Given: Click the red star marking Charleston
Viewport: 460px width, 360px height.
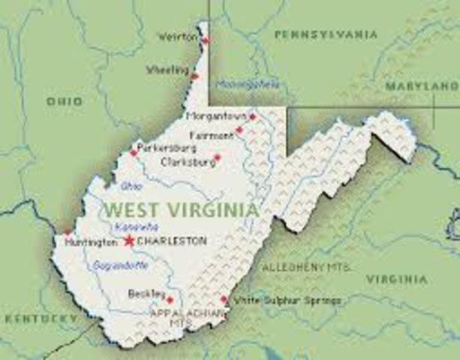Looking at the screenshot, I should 129,241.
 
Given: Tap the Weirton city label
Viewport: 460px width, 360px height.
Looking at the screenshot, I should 177,36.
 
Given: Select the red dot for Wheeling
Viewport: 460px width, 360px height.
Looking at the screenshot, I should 195,76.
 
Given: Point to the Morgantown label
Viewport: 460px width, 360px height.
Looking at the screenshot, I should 216,117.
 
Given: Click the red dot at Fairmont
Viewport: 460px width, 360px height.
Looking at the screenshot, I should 239,130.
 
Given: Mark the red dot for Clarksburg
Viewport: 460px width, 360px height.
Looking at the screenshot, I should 218,158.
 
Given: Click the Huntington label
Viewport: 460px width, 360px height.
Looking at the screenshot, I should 91,242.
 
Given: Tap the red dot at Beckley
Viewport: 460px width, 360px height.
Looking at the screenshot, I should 170,300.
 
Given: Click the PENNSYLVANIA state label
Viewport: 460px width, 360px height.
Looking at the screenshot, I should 326,34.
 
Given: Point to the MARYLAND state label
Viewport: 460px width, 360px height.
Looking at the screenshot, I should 421,86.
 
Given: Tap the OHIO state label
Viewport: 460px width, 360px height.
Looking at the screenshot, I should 65,100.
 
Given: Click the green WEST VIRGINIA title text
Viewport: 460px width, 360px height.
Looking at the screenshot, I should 182,208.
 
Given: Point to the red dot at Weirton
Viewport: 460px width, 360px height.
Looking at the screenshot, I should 206,40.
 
